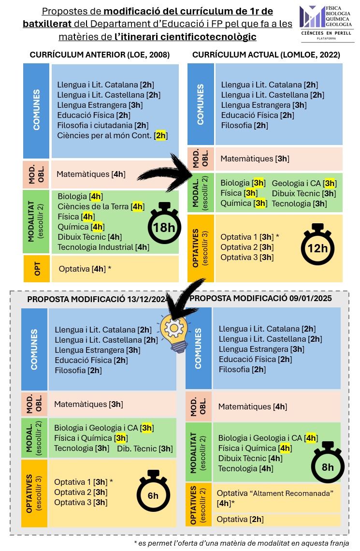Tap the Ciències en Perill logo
tap(326, 23)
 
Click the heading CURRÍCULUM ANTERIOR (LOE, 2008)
tap(100, 55)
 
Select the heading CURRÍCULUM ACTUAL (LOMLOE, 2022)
tap(266, 55)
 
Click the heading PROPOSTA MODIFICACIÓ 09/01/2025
tap(263, 298)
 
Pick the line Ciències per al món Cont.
tap(112, 136)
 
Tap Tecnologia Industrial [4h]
tap(103, 247)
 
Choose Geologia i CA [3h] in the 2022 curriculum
tap(303, 183)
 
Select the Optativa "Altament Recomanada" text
tap(275, 493)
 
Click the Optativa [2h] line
tap(240, 519)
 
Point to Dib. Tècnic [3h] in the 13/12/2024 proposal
tap(144, 449)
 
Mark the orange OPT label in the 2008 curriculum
tap(36, 269)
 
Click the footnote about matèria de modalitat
tap(241, 543)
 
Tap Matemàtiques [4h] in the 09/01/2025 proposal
tap(252, 406)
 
